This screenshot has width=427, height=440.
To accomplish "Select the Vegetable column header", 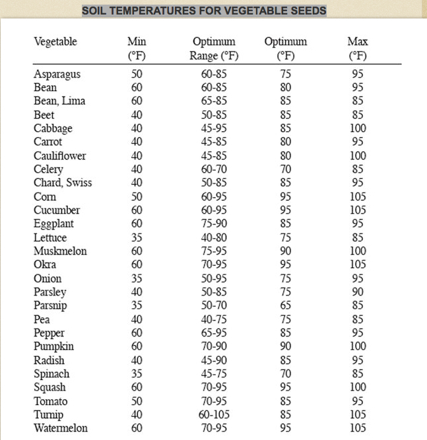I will [x=55, y=42].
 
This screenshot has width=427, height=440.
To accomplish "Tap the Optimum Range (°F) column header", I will [x=213, y=49].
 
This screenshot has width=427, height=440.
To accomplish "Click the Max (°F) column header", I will [x=357, y=49].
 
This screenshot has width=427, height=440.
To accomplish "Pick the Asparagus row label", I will [x=57, y=74].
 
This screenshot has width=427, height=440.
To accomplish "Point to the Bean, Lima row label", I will [x=59, y=101].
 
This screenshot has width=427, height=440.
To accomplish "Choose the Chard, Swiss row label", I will [x=63, y=183].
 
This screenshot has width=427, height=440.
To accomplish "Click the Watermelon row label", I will [x=60, y=428].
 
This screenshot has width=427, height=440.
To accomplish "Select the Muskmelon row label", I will [x=60, y=251].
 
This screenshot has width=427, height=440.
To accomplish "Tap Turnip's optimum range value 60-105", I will [x=214, y=415].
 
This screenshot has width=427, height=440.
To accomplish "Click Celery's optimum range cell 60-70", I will [x=214, y=170].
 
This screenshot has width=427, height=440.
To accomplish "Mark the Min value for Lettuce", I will [x=136, y=237].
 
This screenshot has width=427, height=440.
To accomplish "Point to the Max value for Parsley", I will [x=357, y=292].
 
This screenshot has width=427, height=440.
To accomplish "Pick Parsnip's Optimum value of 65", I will [x=286, y=306].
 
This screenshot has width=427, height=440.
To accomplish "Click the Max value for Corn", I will [x=357, y=197].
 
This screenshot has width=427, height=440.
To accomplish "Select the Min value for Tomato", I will [x=136, y=401].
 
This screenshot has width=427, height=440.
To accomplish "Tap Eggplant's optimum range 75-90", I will [x=214, y=224].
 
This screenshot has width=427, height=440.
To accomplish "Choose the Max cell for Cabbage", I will [x=357, y=129].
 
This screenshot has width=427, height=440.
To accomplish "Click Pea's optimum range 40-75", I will [x=214, y=319].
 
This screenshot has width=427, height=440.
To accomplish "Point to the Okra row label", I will [x=46, y=265].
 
